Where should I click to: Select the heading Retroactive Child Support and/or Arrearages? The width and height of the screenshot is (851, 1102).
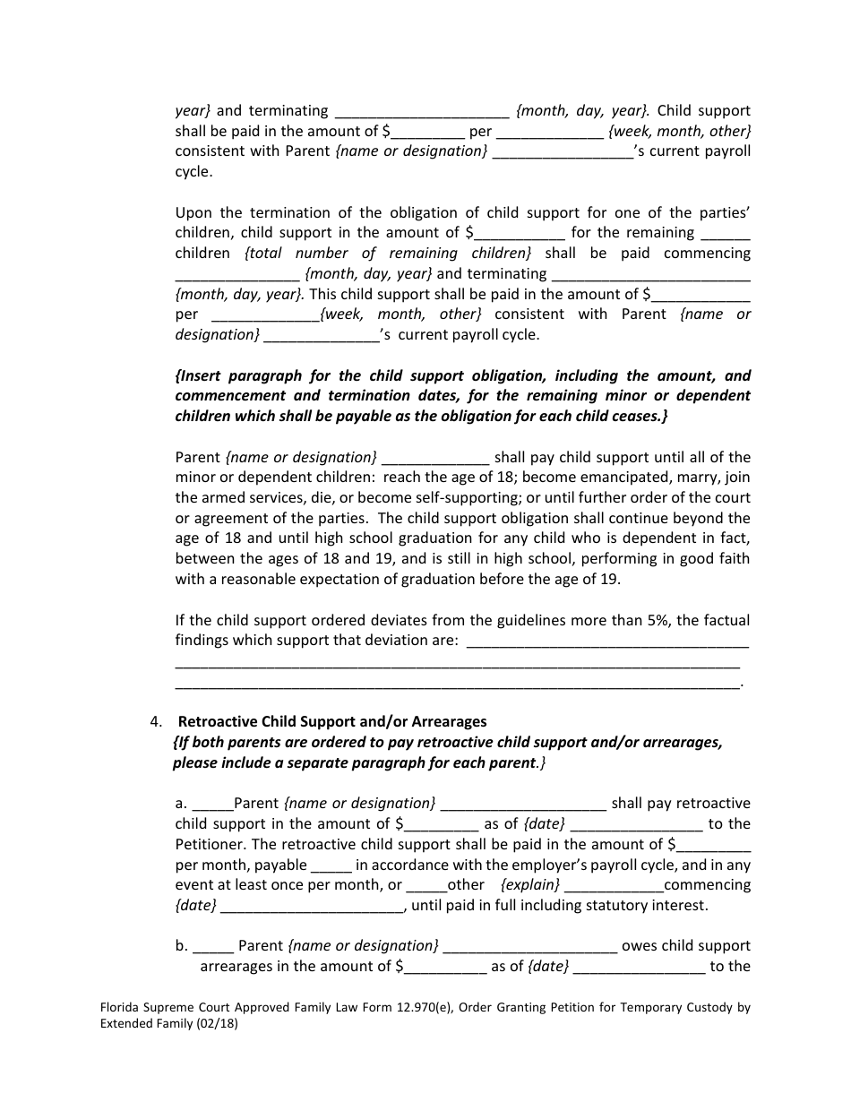[332, 722]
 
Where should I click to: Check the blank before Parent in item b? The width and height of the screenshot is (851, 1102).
[213, 947]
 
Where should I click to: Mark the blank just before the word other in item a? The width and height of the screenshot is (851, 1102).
[426, 886]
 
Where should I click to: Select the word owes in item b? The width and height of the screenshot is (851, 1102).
[640, 946]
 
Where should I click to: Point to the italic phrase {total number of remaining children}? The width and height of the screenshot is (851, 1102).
[388, 254]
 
